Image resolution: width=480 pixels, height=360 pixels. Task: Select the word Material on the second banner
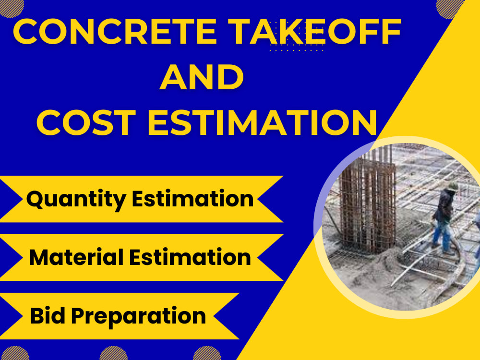76,258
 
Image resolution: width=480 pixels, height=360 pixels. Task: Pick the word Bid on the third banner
46,316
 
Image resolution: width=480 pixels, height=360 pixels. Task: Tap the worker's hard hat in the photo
452,186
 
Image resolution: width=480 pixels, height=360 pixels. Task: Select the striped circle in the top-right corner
451,7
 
